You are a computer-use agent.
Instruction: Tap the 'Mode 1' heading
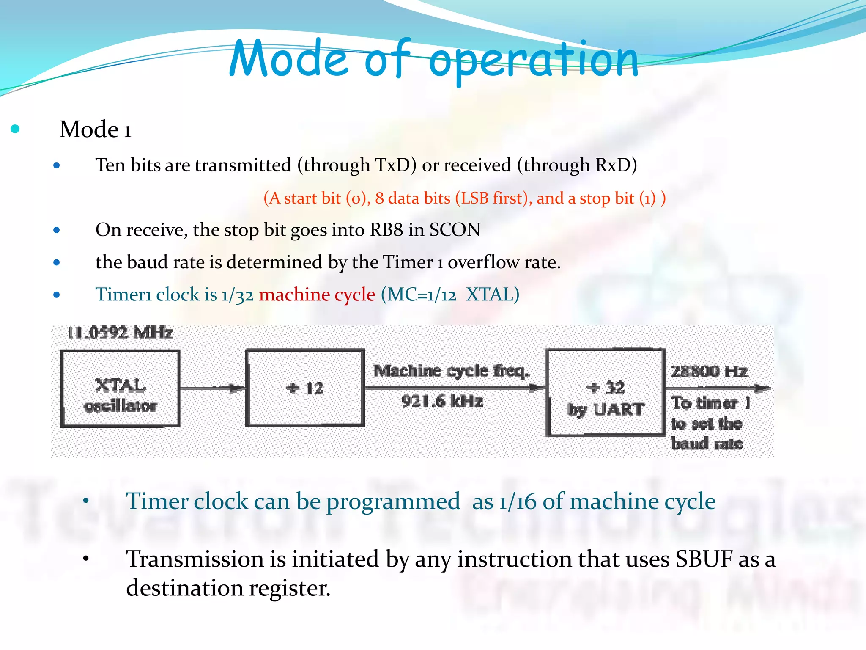coord(96,129)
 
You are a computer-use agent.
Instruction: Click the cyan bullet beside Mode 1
coord(15,129)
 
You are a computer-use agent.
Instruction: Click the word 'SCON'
coord(455,230)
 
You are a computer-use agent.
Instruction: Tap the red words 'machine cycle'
coord(317,295)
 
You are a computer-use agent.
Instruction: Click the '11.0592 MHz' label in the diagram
coord(120,333)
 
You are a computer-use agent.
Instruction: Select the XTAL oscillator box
coord(120,388)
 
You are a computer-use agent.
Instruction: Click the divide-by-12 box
coord(305,388)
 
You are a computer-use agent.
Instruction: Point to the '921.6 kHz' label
coord(442,401)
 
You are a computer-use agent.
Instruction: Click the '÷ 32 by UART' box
coord(605,393)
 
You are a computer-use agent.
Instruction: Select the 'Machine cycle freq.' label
coord(451,371)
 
